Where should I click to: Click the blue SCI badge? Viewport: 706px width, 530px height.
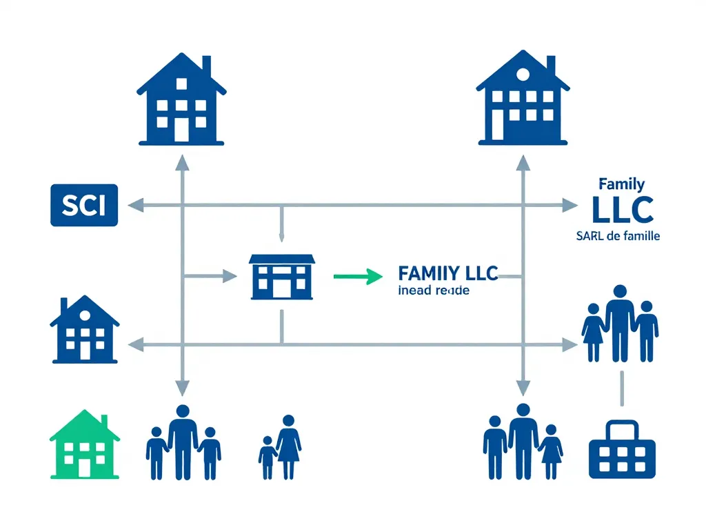(x=84, y=205)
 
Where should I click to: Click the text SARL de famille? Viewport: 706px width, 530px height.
(x=618, y=236)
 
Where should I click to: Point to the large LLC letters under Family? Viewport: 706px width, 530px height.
(x=622, y=210)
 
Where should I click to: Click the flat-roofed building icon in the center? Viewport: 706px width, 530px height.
(x=281, y=277)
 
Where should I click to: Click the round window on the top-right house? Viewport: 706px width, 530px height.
(x=522, y=74)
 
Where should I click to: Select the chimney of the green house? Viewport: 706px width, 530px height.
(x=104, y=421)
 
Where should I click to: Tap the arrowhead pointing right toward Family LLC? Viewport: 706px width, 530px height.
(x=569, y=205)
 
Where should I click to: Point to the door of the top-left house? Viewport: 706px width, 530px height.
(x=181, y=129)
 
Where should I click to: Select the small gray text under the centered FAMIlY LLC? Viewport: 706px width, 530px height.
(x=434, y=291)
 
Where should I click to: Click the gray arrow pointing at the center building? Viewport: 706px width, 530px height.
(x=228, y=277)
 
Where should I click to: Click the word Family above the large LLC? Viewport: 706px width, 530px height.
(x=622, y=184)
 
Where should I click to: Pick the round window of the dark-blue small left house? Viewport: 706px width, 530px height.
(x=84, y=315)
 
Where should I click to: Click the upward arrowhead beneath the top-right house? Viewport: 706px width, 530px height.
(x=523, y=163)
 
